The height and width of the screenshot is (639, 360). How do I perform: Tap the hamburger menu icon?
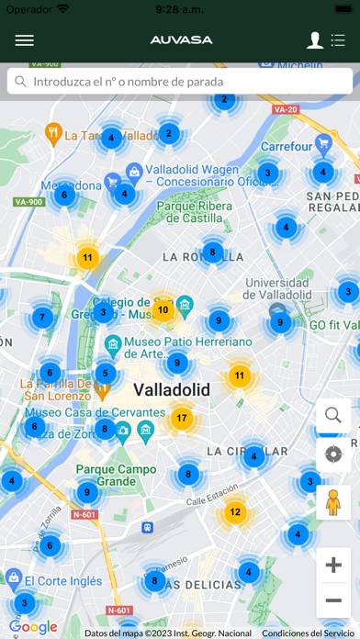click(25, 40)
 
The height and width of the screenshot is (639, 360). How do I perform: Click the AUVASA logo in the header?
click(181, 40)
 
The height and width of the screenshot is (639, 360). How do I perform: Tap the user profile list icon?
click(326, 40)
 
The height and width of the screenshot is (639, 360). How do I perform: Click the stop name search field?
click(180, 81)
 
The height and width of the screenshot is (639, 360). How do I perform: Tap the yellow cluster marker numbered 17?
click(182, 419)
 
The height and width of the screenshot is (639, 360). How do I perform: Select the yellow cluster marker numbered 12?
click(235, 512)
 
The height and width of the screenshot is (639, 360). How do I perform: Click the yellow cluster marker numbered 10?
click(163, 309)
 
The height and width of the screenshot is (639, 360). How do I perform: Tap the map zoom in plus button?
click(333, 565)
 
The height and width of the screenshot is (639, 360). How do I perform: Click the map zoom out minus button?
click(333, 600)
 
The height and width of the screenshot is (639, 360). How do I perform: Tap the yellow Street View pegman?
click(333, 503)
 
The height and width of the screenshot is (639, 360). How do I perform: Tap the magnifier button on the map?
click(333, 416)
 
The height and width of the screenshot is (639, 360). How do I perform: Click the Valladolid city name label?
click(172, 390)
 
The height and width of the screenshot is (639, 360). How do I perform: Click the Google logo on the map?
click(33, 627)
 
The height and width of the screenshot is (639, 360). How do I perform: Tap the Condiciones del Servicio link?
click(307, 633)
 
